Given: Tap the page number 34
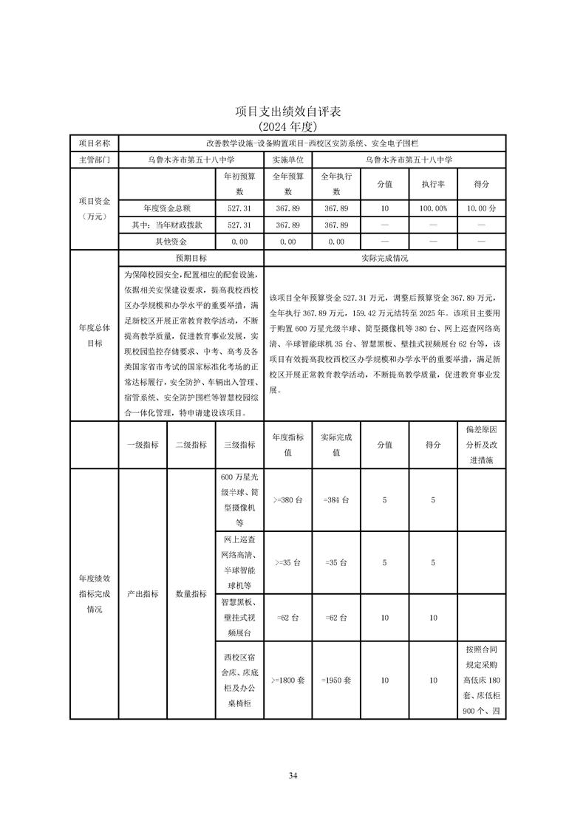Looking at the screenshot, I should pos(293,776).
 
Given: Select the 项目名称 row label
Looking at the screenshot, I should pos(94,143).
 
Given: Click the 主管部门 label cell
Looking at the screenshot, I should pos(94,159).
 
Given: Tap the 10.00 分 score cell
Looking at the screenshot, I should pos(481,208).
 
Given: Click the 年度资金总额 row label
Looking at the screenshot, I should pos(166,208).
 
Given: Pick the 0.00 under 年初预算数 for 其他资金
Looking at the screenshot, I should pos(239,242).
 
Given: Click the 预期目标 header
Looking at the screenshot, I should pos(191,259).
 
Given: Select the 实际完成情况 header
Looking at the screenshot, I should pos(384,259).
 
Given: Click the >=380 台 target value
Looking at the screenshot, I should pos(287,500).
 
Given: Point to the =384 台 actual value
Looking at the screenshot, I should pos(336,500).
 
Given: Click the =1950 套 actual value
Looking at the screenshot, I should pos(336,680).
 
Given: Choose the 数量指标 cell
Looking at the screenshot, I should pos(191,593).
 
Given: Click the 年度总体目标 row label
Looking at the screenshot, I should pos(94,335).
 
